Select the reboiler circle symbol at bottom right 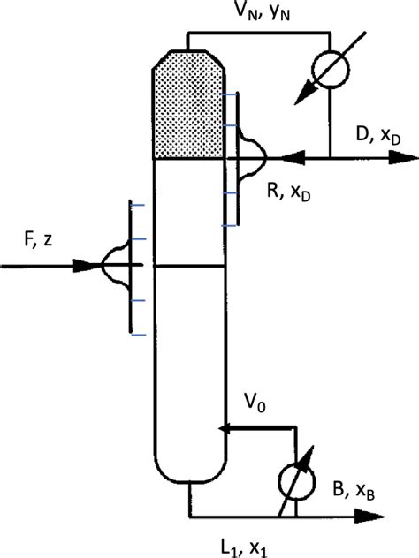pyautogui.click(x=299, y=483)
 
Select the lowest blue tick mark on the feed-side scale pyautogui.click(x=135, y=335)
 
